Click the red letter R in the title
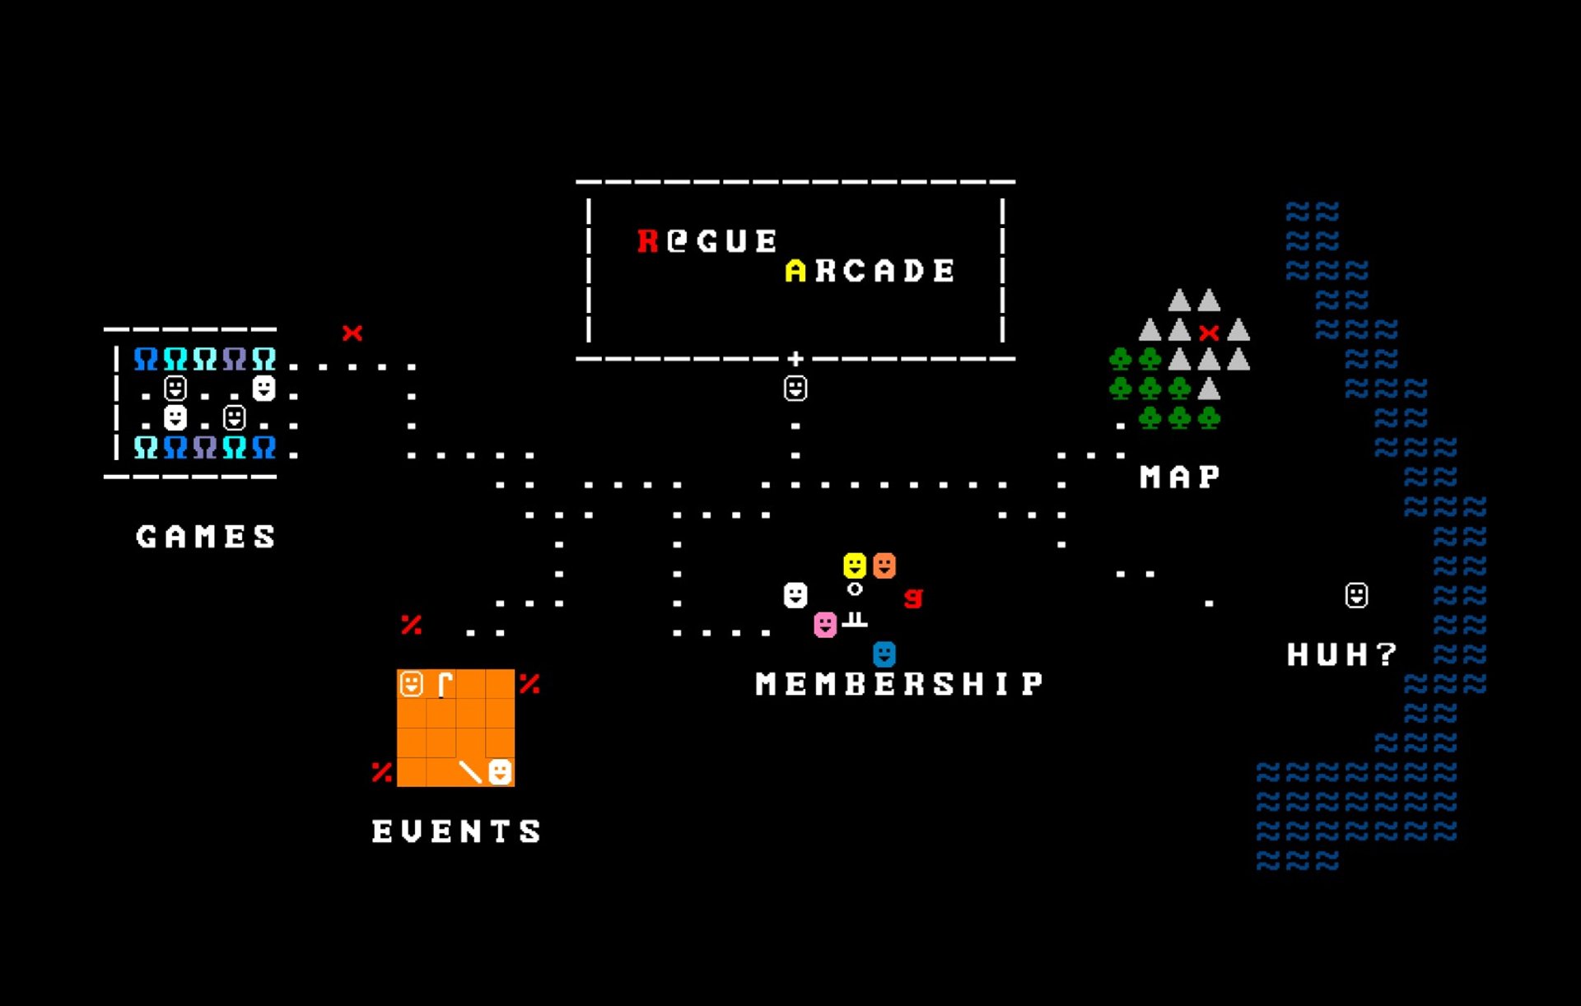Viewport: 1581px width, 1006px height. coord(648,240)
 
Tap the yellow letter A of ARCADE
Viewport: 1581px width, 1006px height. coord(795,270)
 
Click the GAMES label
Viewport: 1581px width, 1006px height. coord(206,537)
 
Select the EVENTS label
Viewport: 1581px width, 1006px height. coord(456,831)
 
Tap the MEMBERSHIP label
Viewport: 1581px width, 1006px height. coord(899,683)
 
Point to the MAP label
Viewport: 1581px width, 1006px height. coord(1179,477)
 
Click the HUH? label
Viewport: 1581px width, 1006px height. coord(1341,654)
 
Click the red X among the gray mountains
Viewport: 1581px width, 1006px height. coord(1209,333)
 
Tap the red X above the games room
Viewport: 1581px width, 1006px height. coord(352,333)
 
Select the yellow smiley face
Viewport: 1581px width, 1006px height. coord(855,565)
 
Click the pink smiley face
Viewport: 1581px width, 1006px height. coord(825,624)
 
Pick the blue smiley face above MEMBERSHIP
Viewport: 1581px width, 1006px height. coord(884,654)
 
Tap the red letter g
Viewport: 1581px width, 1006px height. coord(913,597)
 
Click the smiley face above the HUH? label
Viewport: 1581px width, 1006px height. coord(1356,594)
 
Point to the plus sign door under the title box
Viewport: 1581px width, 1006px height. coord(795,358)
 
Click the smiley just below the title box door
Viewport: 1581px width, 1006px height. coord(795,388)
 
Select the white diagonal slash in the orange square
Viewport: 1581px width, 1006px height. coord(470,771)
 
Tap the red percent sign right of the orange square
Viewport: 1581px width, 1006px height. coord(529,683)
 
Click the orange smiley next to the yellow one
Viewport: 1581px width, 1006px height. coord(884,565)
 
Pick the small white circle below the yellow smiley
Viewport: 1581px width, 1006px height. coord(855,589)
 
